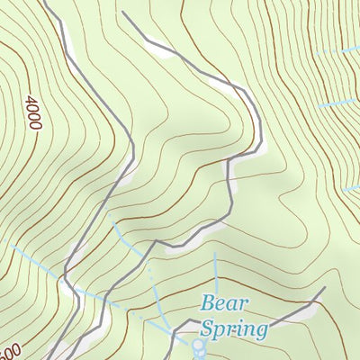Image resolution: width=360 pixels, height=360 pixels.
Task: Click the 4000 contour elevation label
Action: click(34, 113)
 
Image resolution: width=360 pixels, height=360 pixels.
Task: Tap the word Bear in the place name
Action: click(222, 303)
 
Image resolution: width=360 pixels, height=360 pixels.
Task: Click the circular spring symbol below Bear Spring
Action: click(198, 343)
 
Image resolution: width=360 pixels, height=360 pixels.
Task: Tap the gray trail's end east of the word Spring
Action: click(323, 289)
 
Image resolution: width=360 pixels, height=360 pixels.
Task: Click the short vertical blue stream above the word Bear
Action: click(216, 270)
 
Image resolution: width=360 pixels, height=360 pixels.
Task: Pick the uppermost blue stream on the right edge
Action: click(342, 52)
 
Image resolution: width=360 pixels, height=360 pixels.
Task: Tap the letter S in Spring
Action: click(208, 328)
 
